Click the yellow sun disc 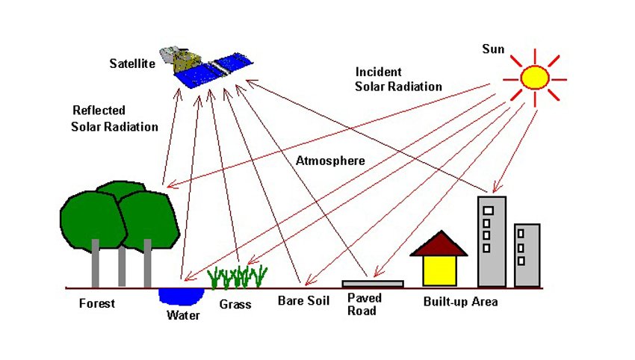click(535, 78)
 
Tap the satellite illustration click(206, 66)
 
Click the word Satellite click(132, 63)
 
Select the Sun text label click(493, 49)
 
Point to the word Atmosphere click(330, 161)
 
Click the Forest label click(97, 303)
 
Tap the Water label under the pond click(183, 315)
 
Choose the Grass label click(235, 305)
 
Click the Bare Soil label click(304, 301)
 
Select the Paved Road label click(365, 305)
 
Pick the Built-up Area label click(460, 302)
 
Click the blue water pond click(181, 296)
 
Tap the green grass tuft click(238, 277)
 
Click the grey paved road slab click(373, 284)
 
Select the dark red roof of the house click(439, 243)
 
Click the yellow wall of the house click(439, 271)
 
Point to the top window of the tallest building click(489, 211)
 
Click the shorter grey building click(527, 255)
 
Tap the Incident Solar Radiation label click(398, 79)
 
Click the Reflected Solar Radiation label click(114, 119)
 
